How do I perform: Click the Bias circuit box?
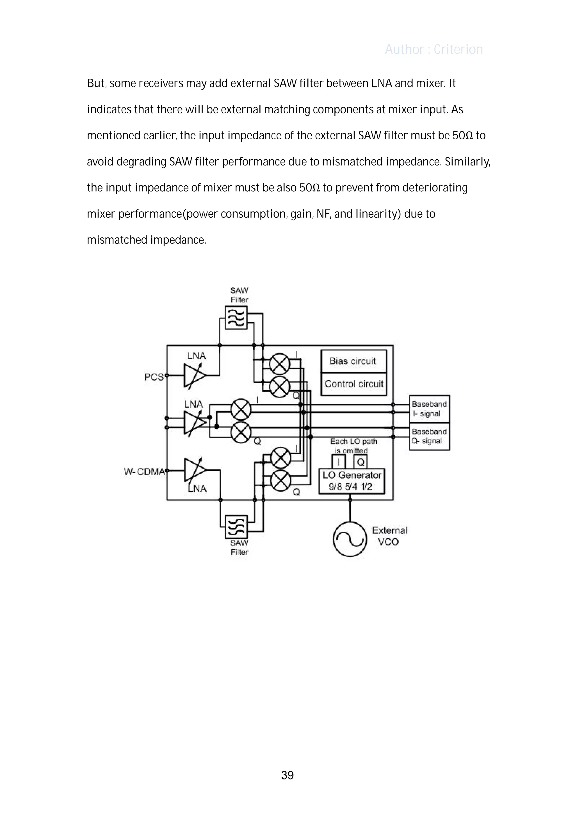pos(353,361)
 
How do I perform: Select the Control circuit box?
pos(353,384)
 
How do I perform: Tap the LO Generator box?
pos(352,481)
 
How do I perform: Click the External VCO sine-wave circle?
pos(350,539)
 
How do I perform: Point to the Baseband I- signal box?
pos(429,409)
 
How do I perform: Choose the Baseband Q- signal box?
pos(429,436)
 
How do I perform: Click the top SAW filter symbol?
pos(236,318)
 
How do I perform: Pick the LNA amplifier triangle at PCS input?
pos(194,376)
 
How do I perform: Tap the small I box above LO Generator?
pos(338,462)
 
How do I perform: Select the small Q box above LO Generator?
pos(360,462)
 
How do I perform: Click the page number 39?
pos(287,775)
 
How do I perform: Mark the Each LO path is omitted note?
pos(353,446)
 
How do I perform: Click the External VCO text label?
pos(389,536)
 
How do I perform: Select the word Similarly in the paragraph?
pos(467,162)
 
